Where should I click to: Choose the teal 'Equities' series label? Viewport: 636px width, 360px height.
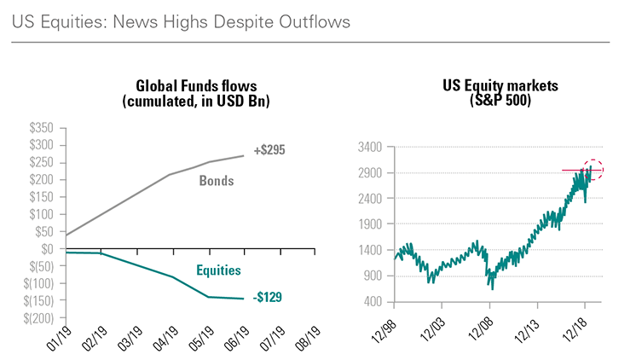[218, 270]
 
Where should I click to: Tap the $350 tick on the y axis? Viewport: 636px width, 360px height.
[40, 127]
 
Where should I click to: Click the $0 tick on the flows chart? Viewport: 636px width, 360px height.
[46, 249]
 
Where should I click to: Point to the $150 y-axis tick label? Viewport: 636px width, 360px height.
[40, 196]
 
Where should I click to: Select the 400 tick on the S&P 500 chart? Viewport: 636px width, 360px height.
[371, 302]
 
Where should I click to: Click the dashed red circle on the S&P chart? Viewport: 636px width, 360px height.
[593, 170]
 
